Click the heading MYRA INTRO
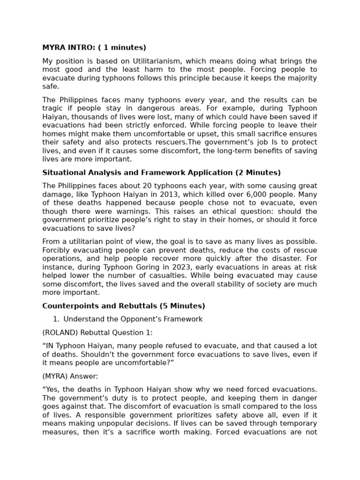click(x=94, y=47)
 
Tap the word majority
click(x=301, y=78)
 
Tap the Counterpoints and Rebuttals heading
click(x=124, y=306)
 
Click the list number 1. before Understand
click(x=56, y=319)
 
